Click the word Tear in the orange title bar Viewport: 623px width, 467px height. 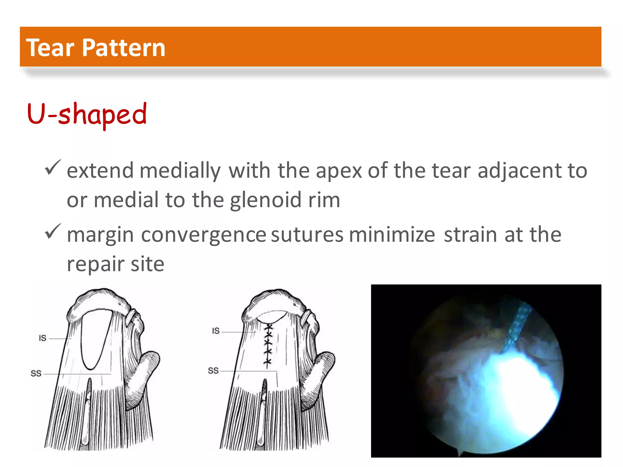click(50, 48)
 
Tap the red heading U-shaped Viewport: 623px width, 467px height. click(87, 114)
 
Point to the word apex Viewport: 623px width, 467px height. click(339, 171)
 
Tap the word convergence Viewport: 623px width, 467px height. click(204, 235)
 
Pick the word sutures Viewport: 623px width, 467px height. click(307, 235)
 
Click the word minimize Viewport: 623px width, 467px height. click(392, 235)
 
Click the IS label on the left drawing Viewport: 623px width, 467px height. click(43, 338)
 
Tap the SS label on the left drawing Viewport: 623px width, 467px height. click(36, 373)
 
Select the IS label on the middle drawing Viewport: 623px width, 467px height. click(216, 331)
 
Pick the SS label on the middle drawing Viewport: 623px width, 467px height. click(213, 371)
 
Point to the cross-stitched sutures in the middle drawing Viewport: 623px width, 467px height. click(268, 345)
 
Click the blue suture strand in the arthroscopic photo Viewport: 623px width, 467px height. click(517, 327)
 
